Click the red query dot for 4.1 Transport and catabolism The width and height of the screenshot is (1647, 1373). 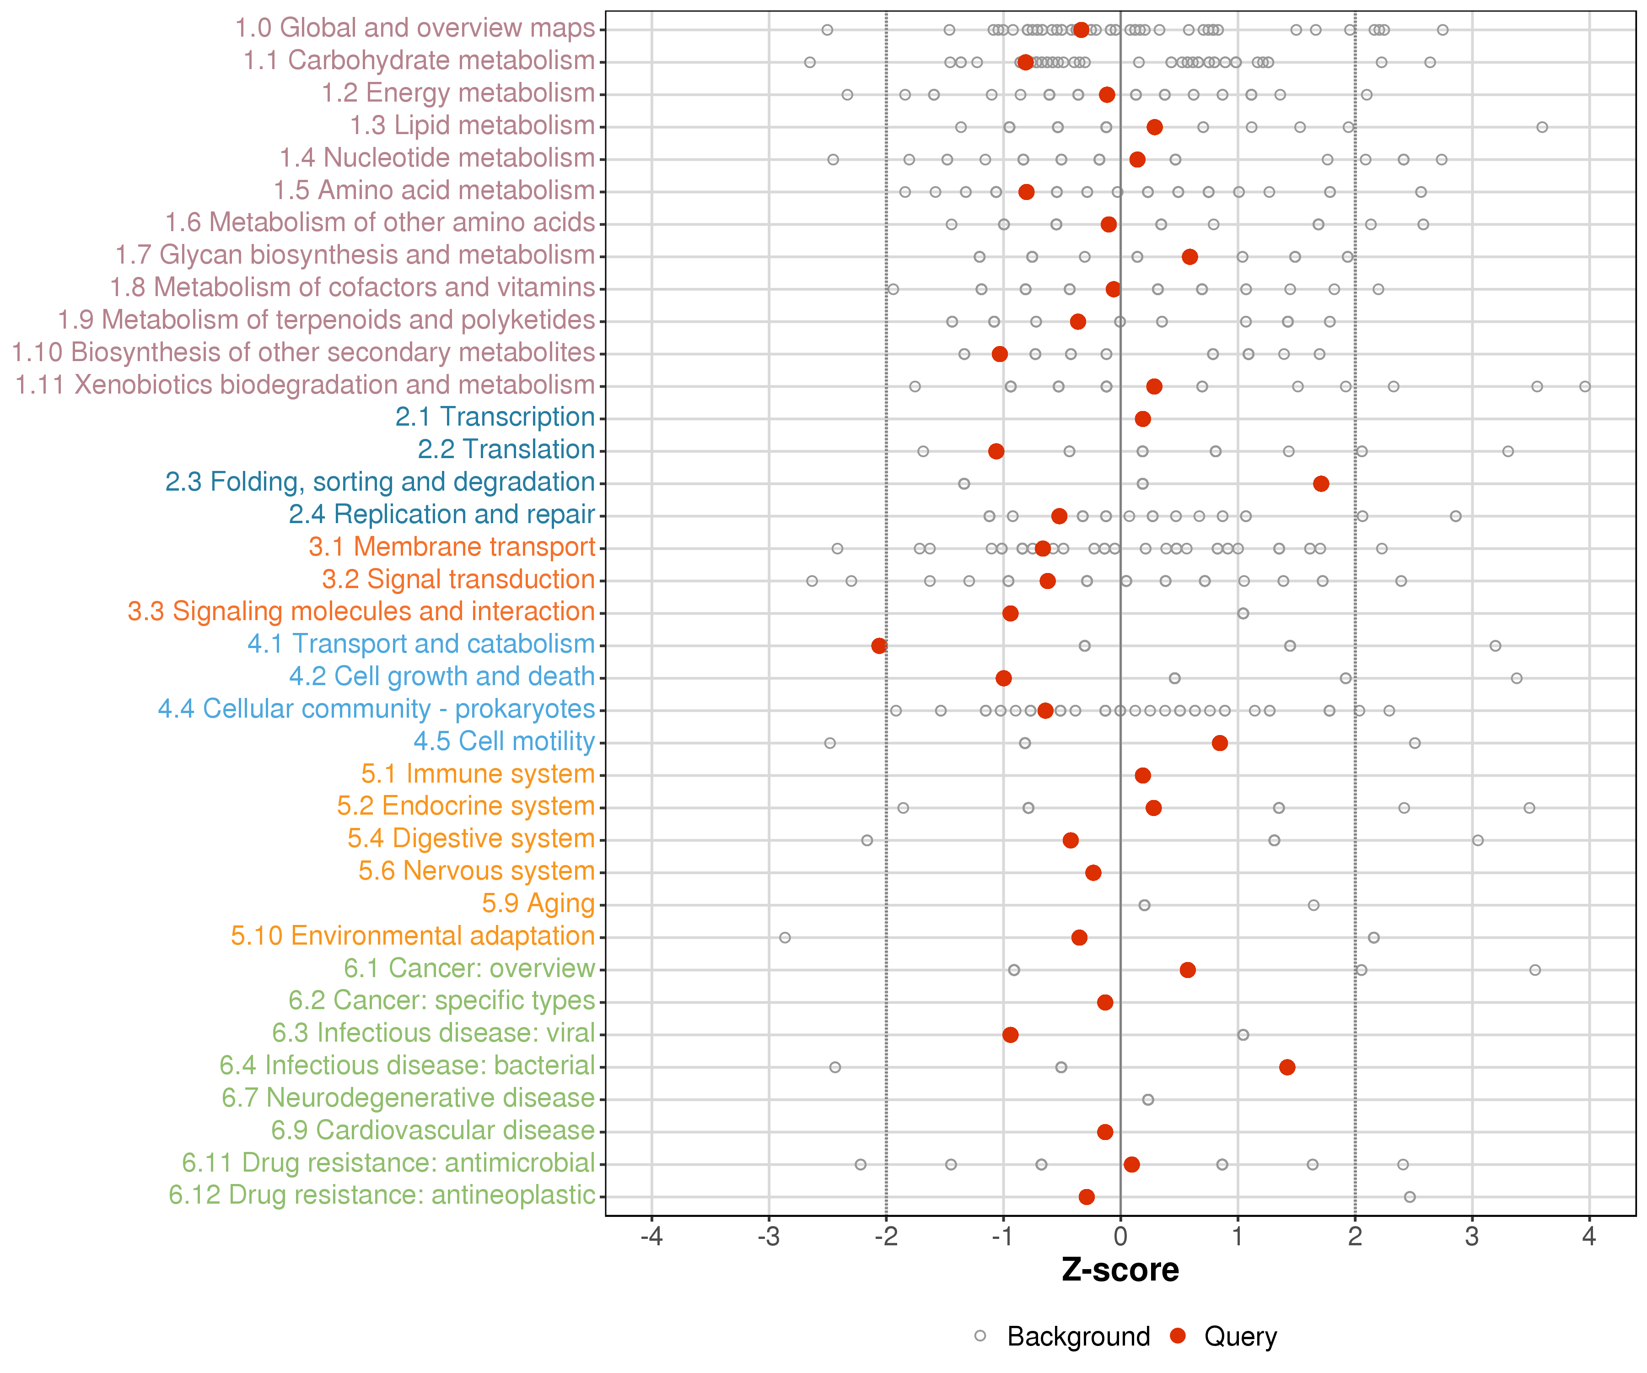[879, 646]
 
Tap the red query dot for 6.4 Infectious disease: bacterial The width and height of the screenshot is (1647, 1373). [1287, 1067]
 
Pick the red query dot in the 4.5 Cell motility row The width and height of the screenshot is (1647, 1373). [1220, 743]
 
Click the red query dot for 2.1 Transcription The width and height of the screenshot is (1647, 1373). [1143, 419]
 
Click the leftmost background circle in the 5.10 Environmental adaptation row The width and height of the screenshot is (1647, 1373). [785, 938]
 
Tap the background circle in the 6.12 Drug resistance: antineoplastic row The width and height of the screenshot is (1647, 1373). [1410, 1196]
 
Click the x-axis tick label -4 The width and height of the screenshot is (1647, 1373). [652, 1237]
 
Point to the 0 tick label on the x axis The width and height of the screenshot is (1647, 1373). [1121, 1237]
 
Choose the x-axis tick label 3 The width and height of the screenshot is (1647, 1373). [1472, 1237]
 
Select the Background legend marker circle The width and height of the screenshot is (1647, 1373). [980, 1335]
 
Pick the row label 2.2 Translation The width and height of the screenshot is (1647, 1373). [506, 449]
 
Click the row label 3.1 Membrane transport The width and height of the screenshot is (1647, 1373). [452, 547]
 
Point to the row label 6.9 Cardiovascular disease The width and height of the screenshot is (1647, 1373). [433, 1130]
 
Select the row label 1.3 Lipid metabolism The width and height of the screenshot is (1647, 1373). [472, 125]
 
